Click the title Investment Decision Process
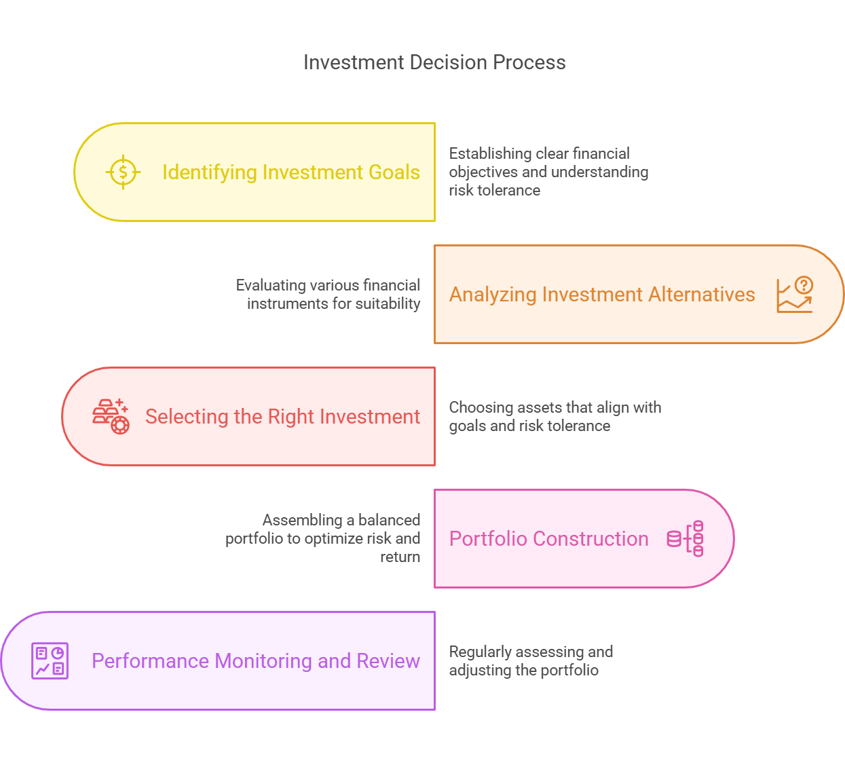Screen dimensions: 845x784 (434, 62)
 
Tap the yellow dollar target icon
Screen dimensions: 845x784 (123, 172)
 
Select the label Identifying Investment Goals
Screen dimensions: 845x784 (291, 172)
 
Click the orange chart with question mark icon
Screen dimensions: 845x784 (795, 295)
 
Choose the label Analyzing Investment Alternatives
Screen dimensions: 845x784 (602, 295)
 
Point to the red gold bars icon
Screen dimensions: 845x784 (111, 416)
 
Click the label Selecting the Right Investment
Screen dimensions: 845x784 (282, 417)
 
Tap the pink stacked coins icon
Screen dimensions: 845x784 (685, 538)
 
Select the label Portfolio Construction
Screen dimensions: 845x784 (549, 538)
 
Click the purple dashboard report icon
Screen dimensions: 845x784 (50, 660)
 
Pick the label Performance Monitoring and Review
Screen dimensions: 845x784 (256, 661)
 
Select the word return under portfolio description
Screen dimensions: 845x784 (400, 557)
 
